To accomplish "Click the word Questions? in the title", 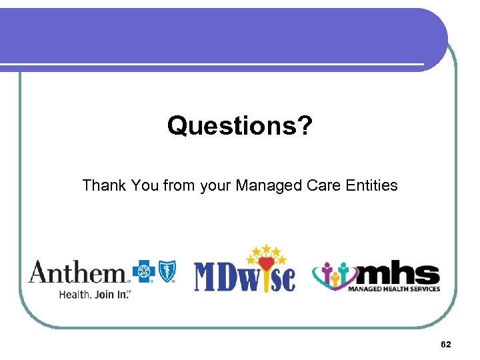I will tap(239, 125).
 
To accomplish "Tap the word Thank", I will tap(103, 185).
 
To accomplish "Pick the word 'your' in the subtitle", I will tap(215, 185).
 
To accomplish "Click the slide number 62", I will tap(446, 344).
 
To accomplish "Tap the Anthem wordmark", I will tap(77, 273).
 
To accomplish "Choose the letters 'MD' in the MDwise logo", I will tap(217, 277).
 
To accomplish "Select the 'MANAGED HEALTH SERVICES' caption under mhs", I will tap(394, 289).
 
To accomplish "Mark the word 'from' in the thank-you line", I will tap(179, 185).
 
